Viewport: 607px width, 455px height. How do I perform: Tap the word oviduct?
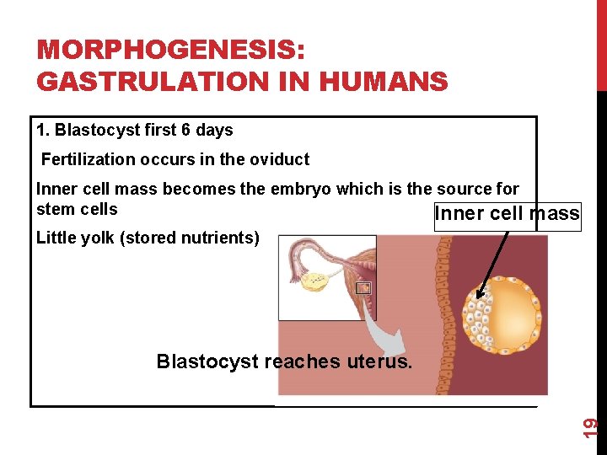[x=278, y=159]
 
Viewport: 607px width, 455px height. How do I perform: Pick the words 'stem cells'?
[x=77, y=209]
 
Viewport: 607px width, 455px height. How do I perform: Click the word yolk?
[x=95, y=238]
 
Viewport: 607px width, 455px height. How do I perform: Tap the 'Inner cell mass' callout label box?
[x=507, y=214]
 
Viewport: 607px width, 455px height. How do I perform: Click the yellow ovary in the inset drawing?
[x=316, y=281]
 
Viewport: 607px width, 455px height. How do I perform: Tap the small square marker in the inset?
[x=363, y=288]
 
